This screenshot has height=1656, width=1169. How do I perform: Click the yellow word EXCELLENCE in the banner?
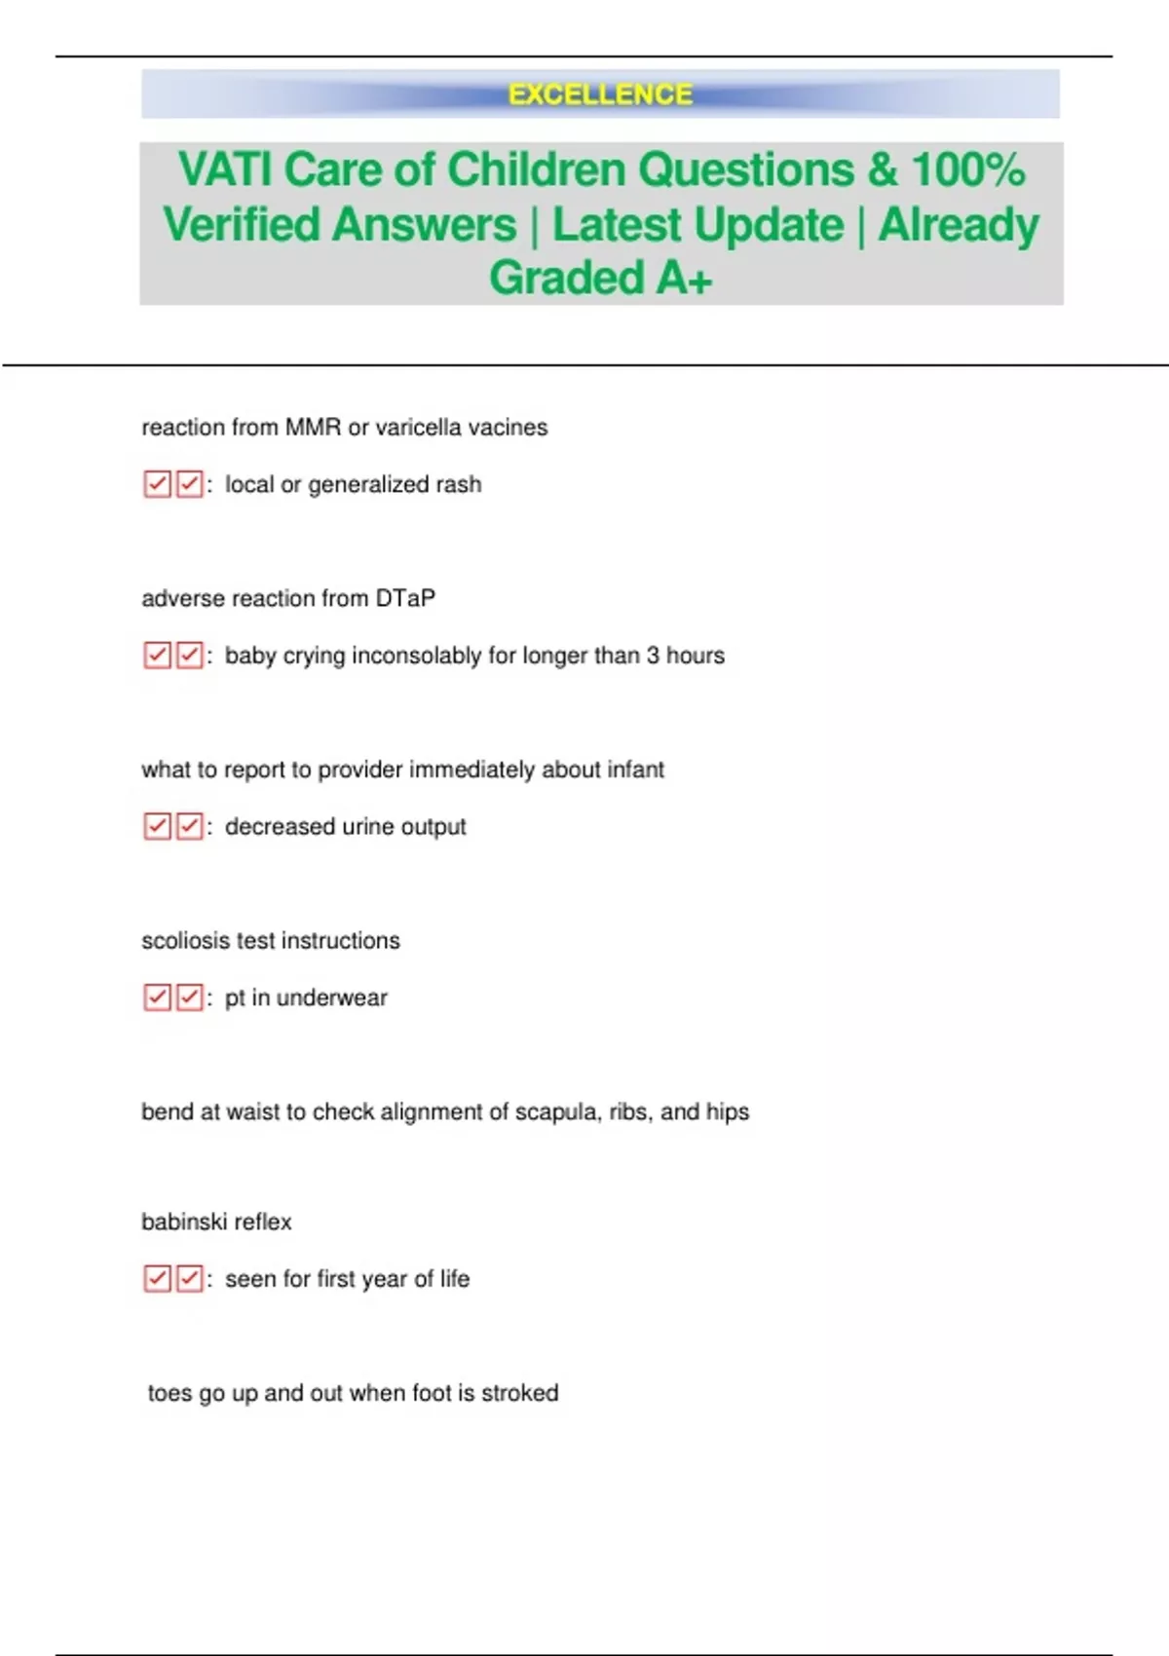click(x=600, y=94)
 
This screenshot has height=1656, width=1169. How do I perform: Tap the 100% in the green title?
click(x=968, y=169)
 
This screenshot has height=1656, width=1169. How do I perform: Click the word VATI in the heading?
click(x=225, y=169)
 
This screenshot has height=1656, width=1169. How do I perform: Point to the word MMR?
click(x=313, y=428)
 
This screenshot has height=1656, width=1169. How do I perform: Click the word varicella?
click(x=418, y=428)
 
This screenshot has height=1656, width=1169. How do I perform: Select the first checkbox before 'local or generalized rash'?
click(x=157, y=484)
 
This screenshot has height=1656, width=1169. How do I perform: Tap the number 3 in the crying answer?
click(x=653, y=656)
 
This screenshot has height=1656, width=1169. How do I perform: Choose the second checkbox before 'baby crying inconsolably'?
click(x=189, y=656)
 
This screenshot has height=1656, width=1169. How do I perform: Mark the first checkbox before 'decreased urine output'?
click(x=157, y=827)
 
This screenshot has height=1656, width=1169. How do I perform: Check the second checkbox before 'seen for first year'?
click(x=189, y=1279)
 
